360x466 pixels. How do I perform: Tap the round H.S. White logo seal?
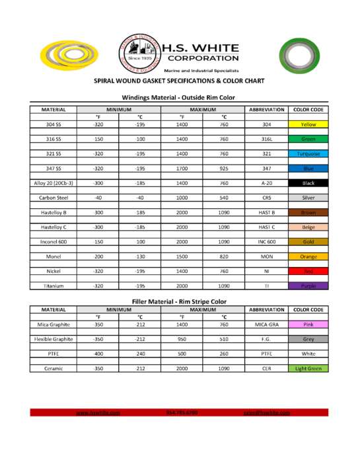tap(139, 52)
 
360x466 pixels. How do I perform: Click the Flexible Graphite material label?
tap(54, 339)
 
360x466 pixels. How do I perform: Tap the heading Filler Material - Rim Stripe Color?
tap(179, 301)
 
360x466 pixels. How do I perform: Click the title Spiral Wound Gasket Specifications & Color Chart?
tap(178, 82)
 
